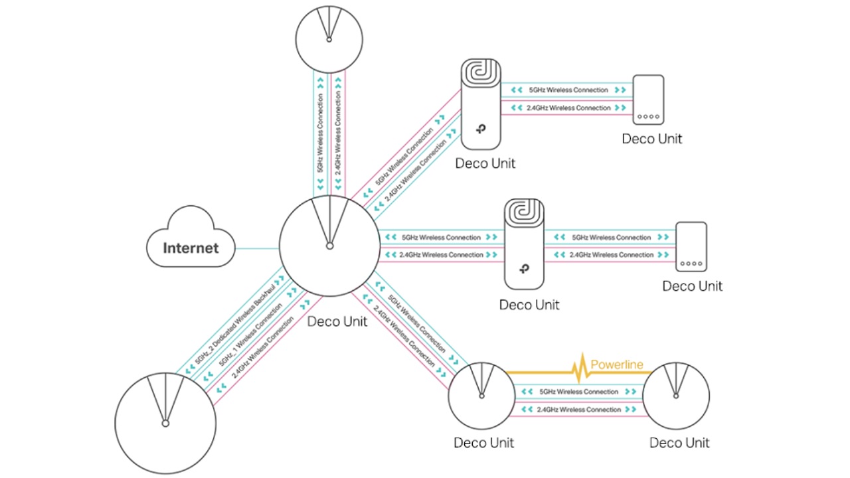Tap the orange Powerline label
point(617,364)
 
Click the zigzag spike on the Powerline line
point(579,370)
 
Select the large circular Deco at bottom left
point(165,423)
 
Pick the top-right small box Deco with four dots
point(647,99)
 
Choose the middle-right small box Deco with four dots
point(691,246)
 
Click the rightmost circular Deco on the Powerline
point(676,396)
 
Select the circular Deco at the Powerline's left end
point(481,396)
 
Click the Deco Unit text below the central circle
point(337,322)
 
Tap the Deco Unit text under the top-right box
point(651,139)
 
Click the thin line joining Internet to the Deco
point(258,249)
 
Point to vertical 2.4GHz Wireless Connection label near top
point(339,133)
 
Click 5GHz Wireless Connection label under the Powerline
point(578,392)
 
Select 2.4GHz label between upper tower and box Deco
point(568,108)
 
